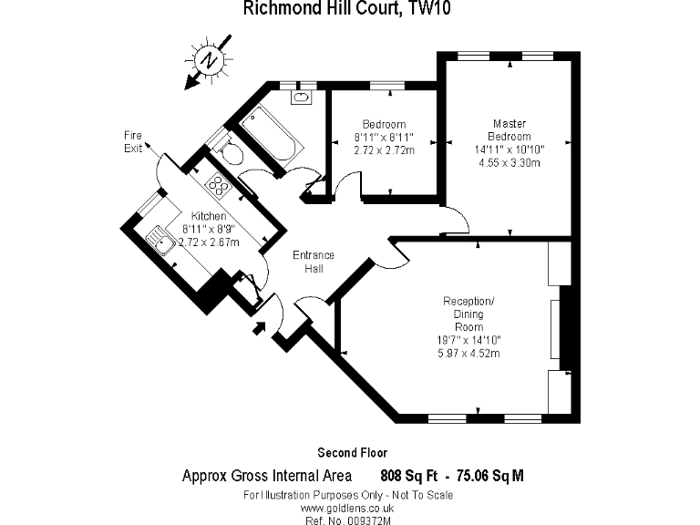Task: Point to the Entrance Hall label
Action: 313,262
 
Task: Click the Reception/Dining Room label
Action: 468,314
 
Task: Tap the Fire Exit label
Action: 133,141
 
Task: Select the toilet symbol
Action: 230,152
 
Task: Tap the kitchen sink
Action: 160,242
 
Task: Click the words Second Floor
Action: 352,452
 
